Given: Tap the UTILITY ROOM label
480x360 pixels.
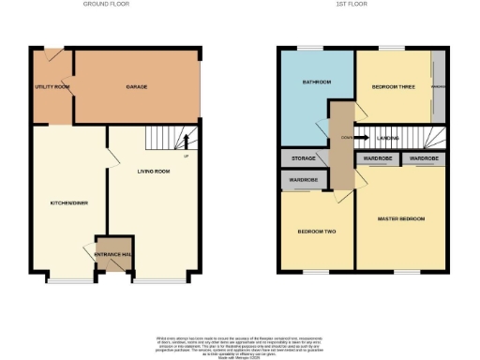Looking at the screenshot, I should point(52,86).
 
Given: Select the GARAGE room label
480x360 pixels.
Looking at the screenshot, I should point(137,86).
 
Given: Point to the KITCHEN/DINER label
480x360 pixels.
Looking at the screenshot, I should point(67,202).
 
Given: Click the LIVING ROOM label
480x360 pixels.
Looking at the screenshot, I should point(153,172).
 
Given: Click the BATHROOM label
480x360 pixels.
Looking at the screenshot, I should point(316,82).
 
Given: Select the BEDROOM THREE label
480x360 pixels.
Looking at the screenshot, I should point(392,86).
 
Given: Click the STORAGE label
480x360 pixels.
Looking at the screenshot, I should point(303,158).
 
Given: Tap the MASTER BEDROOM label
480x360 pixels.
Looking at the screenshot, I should point(401,218).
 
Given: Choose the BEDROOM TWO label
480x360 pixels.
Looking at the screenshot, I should point(317,231).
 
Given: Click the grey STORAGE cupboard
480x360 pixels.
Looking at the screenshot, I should point(303,158).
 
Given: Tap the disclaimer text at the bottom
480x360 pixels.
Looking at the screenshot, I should point(240,343).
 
